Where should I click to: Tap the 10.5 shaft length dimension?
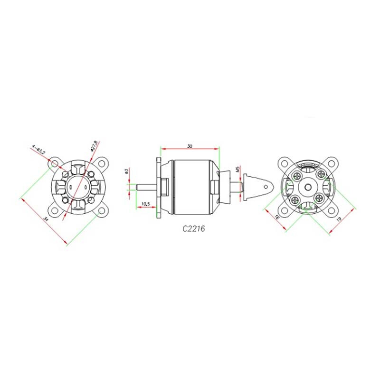pos(145,204)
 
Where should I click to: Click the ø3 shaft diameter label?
pos(126,171)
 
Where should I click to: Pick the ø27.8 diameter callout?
pos(94,146)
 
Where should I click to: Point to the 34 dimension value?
pos(46,219)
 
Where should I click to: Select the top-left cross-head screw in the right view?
pos(296,175)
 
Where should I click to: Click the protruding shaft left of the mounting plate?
pos(145,187)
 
